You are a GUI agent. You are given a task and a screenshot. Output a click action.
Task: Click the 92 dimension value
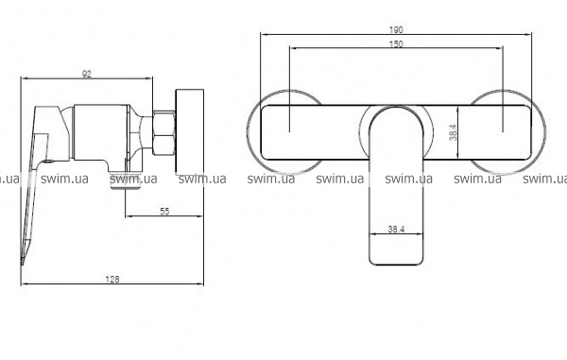tap(87, 74)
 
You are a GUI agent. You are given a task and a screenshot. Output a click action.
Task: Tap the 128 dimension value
tap(112, 280)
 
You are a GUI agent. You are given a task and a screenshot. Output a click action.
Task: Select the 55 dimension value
tap(164, 211)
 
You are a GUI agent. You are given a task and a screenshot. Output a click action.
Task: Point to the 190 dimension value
tap(396, 29)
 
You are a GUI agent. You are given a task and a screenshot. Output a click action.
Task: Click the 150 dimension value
tap(396, 44)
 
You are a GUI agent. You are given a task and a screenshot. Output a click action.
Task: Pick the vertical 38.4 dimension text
tap(453, 132)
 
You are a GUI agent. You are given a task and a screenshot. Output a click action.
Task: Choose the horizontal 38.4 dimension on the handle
tap(396, 230)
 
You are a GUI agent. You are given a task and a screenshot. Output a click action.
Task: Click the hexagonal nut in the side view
tap(163, 132)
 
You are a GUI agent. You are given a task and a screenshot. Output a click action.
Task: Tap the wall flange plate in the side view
tap(190, 132)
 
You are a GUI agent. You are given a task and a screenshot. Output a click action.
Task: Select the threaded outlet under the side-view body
tap(125, 180)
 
